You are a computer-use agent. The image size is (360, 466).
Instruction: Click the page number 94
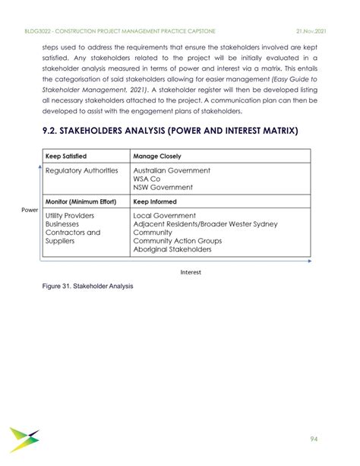pyautogui.click(x=314, y=439)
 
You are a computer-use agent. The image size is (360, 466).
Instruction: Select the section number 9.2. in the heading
pyautogui.click(x=56, y=131)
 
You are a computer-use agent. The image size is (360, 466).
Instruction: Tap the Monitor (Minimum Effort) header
pyautogui.click(x=80, y=202)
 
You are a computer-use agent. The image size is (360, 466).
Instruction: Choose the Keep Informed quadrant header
pyautogui.click(x=155, y=202)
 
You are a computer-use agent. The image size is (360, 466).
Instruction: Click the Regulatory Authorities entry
pyautogui.click(x=82, y=171)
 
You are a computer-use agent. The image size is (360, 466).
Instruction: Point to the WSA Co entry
pyautogui.click(x=147, y=179)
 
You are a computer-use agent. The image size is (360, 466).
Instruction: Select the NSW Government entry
pyautogui.click(x=163, y=187)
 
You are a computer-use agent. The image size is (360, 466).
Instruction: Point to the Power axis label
pyautogui.click(x=30, y=209)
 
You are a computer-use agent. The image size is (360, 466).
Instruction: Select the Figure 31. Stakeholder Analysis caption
pyautogui.click(x=88, y=287)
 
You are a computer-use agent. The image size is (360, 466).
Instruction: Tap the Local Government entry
pyautogui.click(x=165, y=216)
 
